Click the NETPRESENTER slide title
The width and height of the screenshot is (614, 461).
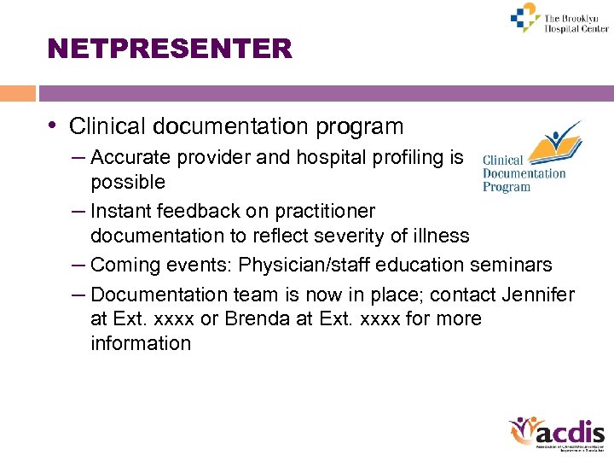(171, 49)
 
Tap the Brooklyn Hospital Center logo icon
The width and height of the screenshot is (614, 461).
(524, 17)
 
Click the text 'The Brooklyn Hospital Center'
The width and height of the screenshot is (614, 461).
(576, 22)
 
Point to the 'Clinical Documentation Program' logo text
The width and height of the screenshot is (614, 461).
(523, 173)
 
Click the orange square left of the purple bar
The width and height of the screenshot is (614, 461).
(18, 93)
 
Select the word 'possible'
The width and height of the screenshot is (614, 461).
(128, 182)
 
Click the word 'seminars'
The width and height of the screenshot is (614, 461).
(513, 265)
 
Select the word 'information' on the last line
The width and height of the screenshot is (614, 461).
(141, 343)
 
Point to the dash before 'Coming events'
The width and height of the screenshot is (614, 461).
(78, 265)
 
